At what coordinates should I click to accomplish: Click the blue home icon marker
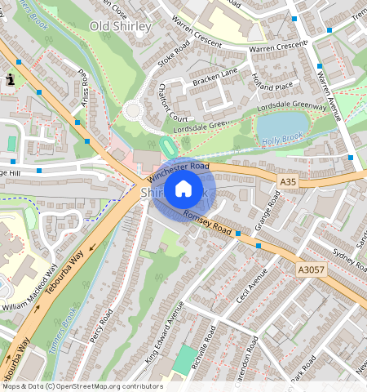(183, 189)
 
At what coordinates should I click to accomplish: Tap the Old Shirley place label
(121, 26)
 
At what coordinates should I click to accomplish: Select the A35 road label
(287, 182)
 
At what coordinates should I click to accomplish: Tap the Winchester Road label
(175, 169)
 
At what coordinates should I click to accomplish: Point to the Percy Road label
(101, 325)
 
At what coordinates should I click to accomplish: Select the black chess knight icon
(11, 79)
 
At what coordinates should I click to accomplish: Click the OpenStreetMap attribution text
(82, 386)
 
